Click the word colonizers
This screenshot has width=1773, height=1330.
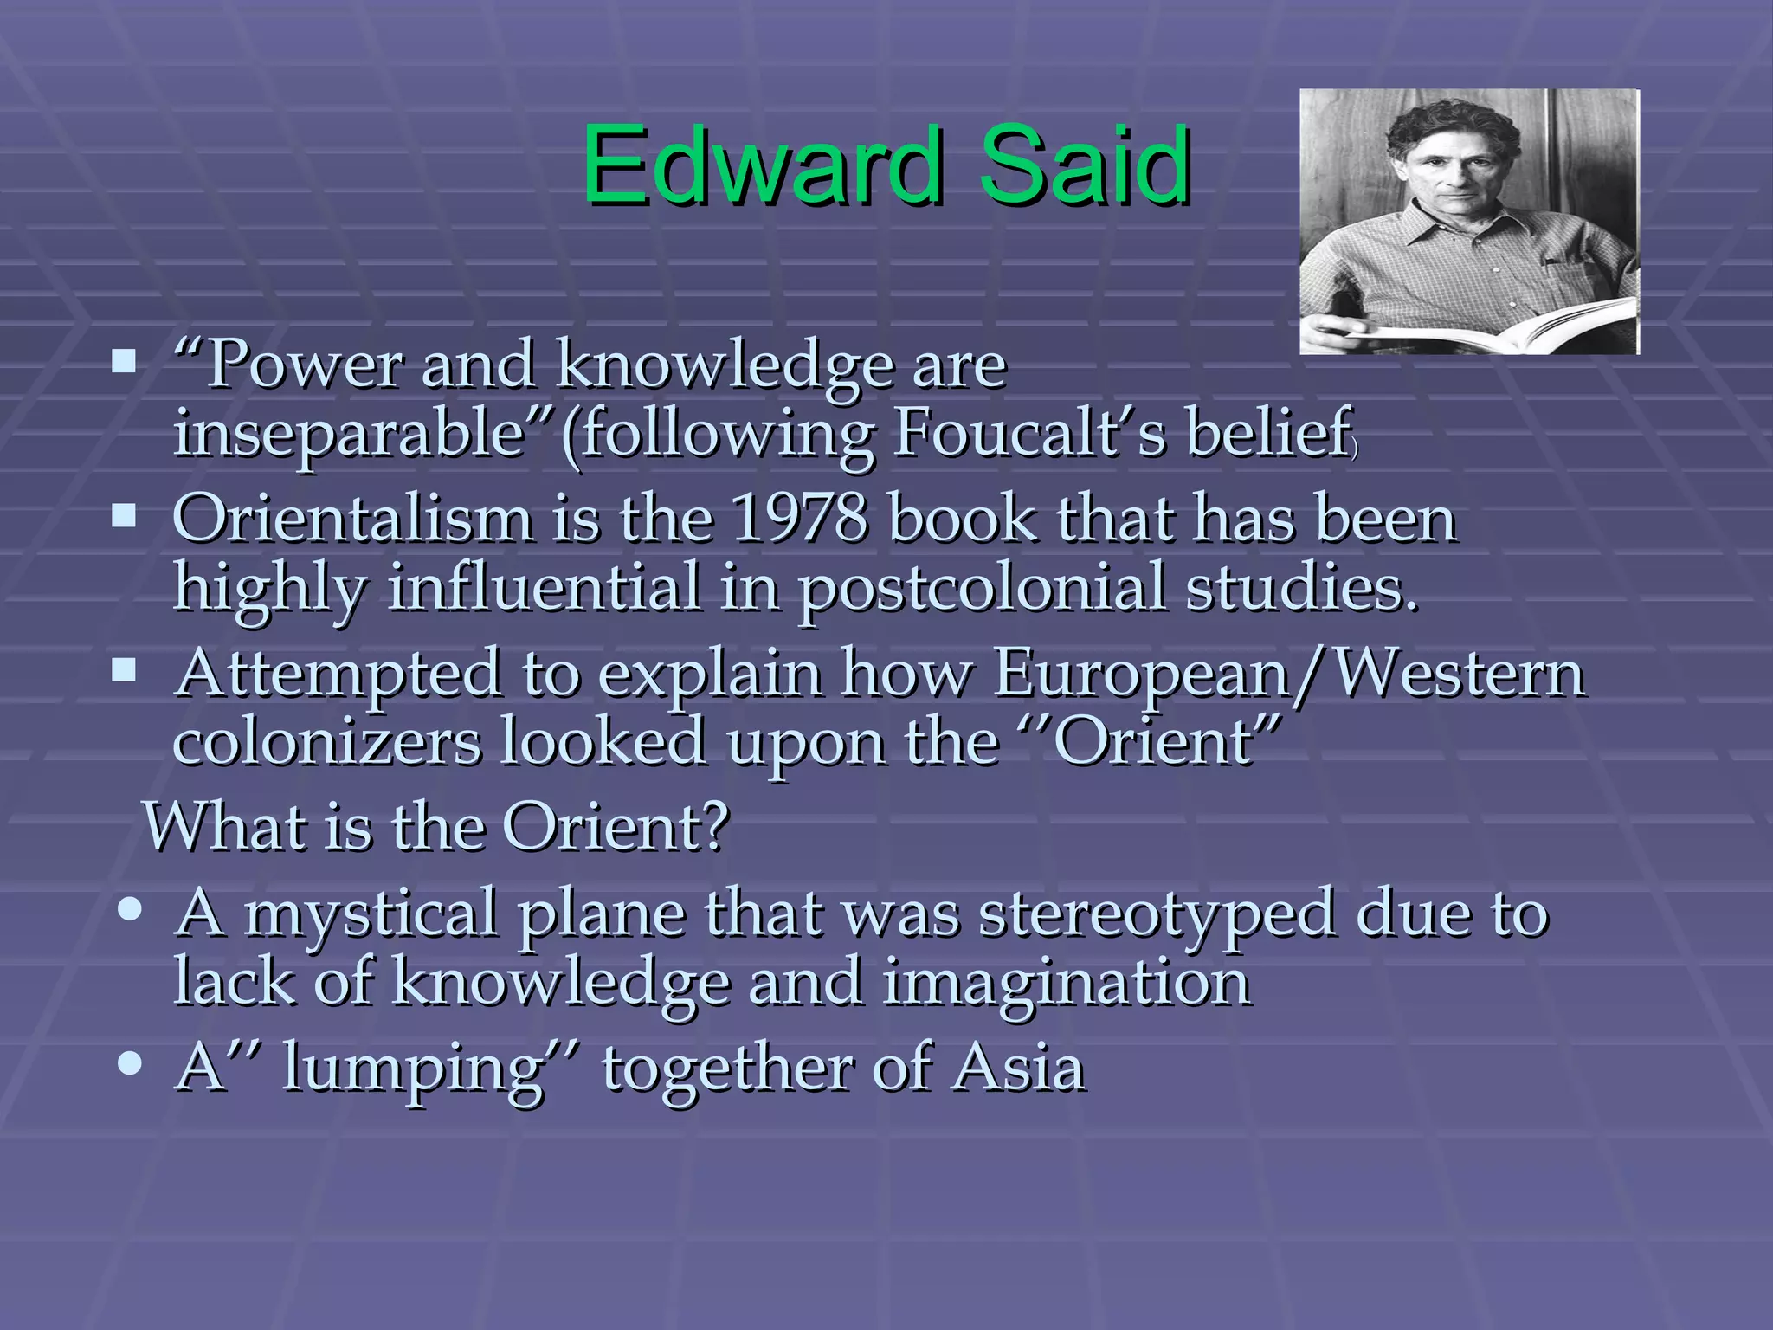(x=326, y=743)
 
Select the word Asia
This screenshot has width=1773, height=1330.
(x=1018, y=1068)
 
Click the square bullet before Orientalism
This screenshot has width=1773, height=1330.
(x=124, y=517)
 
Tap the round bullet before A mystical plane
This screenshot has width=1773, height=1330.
(x=130, y=910)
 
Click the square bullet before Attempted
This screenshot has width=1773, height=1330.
(x=124, y=671)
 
